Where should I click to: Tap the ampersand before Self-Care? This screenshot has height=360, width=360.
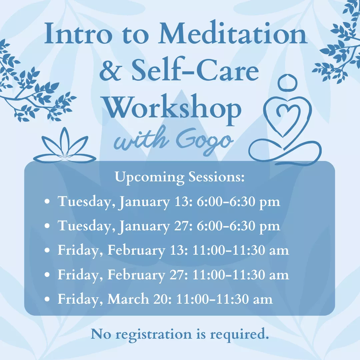point(112,72)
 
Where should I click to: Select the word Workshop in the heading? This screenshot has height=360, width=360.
point(174,109)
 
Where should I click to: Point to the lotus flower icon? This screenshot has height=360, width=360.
point(65,147)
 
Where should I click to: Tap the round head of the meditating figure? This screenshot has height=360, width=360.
point(287,82)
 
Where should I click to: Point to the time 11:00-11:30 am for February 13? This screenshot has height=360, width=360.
point(241,251)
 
